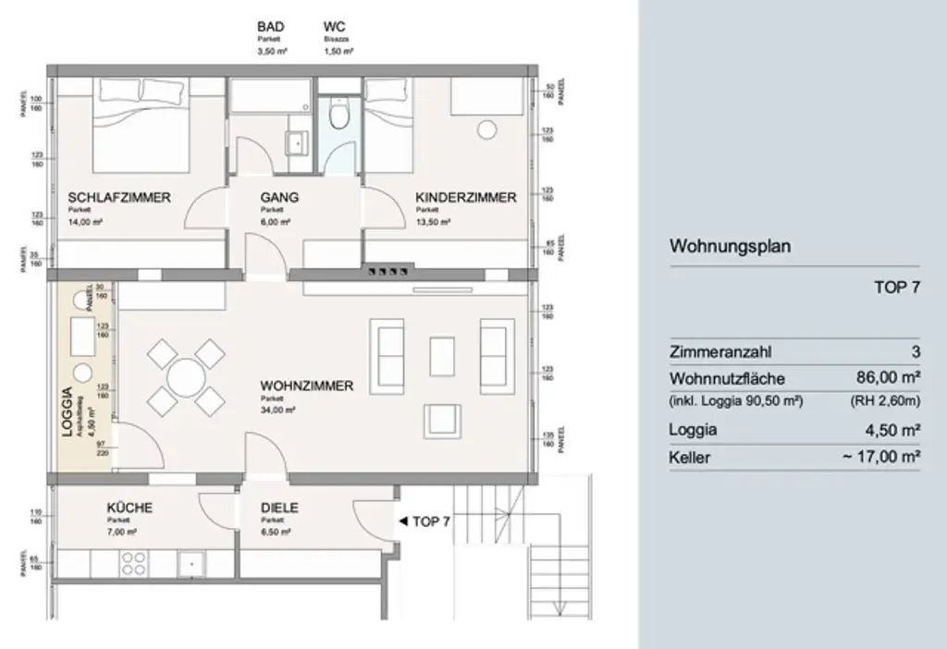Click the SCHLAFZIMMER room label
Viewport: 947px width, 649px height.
(118, 198)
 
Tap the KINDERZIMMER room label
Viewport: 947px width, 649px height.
(465, 198)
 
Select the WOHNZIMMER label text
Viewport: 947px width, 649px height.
(306, 386)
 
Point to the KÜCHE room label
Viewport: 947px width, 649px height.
(129, 508)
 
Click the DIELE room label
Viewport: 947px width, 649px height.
(279, 508)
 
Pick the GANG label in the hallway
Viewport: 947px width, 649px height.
(278, 198)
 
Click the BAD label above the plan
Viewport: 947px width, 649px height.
(271, 28)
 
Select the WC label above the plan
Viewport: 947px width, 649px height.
(335, 28)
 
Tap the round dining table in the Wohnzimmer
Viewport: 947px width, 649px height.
(187, 377)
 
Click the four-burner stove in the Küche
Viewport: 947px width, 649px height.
(134, 563)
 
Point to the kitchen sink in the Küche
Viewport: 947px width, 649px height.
(191, 563)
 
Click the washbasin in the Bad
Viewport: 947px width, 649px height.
(297, 142)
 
